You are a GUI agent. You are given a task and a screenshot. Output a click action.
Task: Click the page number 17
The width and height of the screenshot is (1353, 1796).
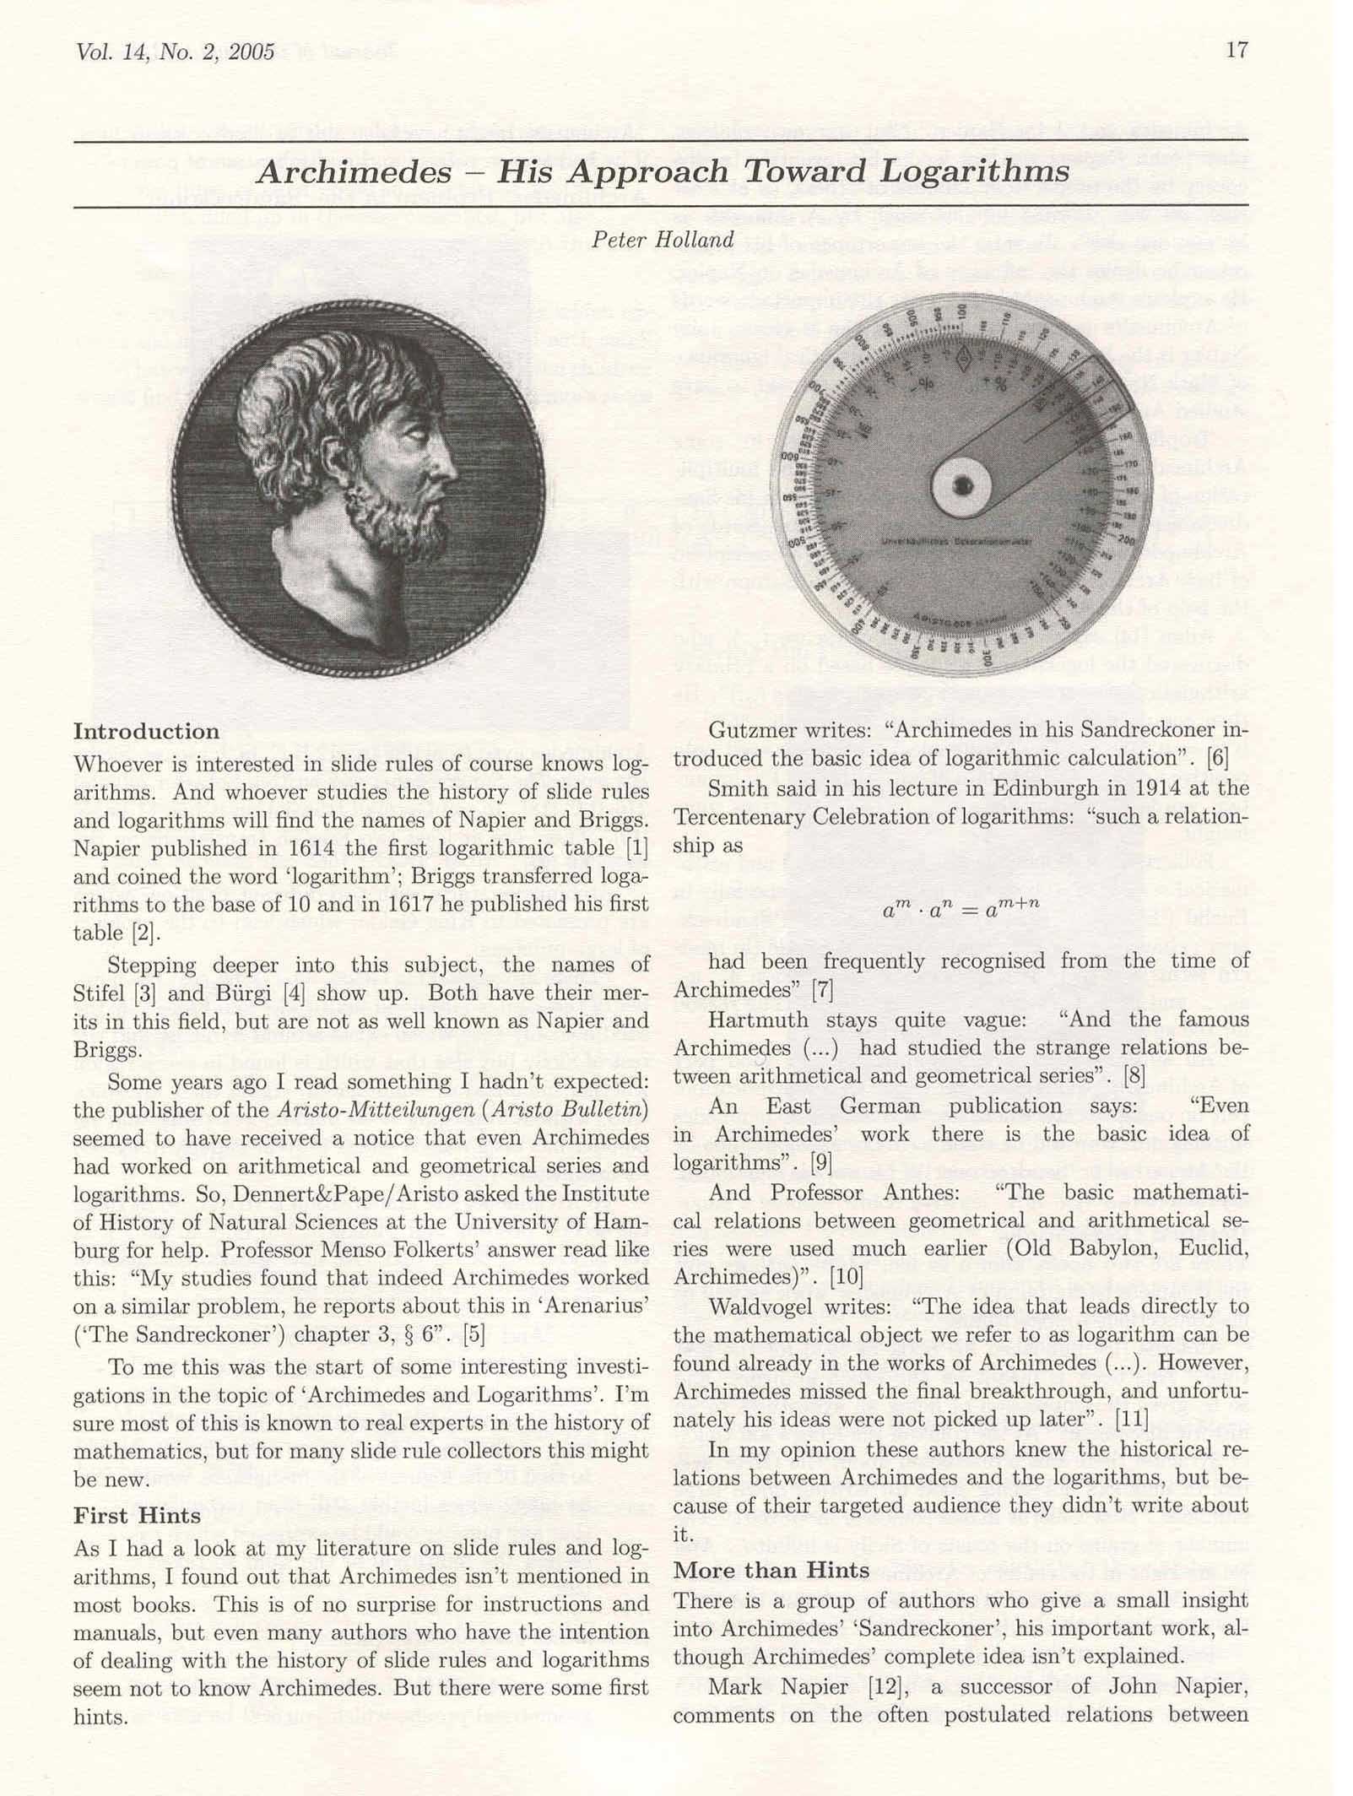pyautogui.click(x=1236, y=50)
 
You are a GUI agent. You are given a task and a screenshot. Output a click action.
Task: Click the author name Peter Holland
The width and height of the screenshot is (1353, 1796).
pyautogui.click(x=663, y=241)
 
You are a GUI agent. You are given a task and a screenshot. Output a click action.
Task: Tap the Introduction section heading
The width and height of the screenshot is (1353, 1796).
pyautogui.click(x=146, y=731)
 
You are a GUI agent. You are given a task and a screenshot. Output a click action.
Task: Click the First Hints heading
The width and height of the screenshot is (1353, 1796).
pyautogui.click(x=137, y=1516)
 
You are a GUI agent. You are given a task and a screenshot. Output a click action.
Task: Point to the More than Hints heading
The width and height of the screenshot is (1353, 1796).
pyautogui.click(x=771, y=1570)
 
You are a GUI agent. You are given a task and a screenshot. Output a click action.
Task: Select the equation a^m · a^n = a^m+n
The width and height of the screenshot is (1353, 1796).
pyautogui.click(x=961, y=910)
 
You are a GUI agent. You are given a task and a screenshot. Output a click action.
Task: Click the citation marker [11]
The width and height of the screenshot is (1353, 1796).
pyautogui.click(x=1131, y=1419)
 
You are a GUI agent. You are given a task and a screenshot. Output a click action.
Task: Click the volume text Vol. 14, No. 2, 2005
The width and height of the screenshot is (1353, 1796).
pyautogui.click(x=175, y=51)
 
